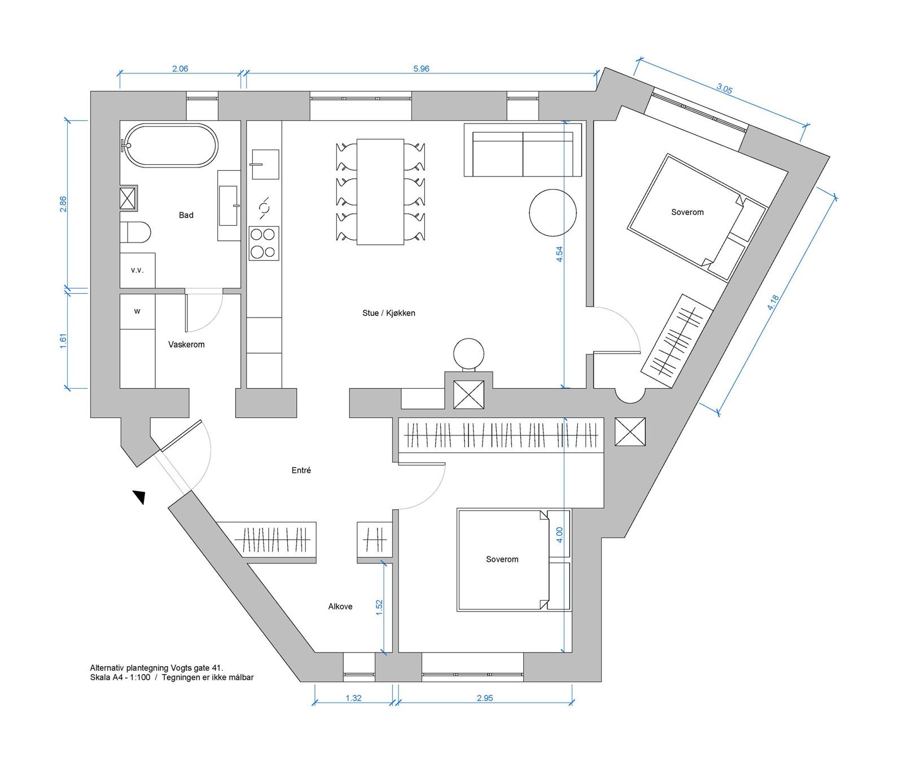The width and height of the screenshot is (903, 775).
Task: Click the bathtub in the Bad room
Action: click(x=170, y=146)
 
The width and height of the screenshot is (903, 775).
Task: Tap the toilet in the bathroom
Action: click(x=135, y=232)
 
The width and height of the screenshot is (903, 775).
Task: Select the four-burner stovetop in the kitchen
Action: click(x=264, y=243)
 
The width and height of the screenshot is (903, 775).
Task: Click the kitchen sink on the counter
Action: click(x=265, y=164)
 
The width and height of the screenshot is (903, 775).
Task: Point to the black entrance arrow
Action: click(x=139, y=496)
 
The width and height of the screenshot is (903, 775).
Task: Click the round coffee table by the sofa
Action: click(x=553, y=213)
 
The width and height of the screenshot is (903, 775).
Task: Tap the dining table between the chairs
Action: click(x=380, y=192)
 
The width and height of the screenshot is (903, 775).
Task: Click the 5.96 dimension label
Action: click(x=421, y=69)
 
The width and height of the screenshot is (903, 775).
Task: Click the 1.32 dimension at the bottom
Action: click(x=353, y=698)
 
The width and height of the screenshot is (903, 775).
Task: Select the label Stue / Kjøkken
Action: click(x=389, y=313)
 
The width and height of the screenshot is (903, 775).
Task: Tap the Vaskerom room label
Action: click(x=186, y=344)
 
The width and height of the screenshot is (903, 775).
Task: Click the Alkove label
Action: click(x=340, y=606)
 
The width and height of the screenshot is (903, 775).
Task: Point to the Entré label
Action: click(x=301, y=470)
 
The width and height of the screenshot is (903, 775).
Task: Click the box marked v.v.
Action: click(x=138, y=270)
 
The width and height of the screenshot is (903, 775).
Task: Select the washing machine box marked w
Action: click(x=138, y=311)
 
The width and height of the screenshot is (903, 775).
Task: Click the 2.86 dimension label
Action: click(x=63, y=204)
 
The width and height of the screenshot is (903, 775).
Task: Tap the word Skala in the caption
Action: click(x=100, y=677)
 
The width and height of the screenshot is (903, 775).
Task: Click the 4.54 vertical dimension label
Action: click(x=559, y=254)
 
